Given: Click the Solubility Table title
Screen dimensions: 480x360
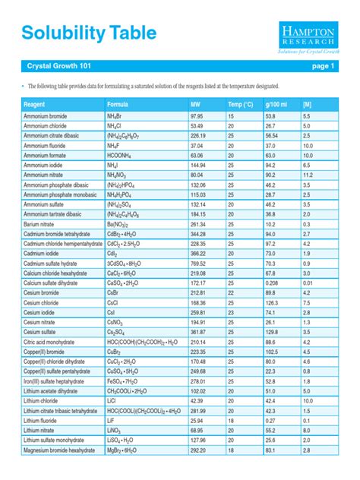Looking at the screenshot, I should (89, 33).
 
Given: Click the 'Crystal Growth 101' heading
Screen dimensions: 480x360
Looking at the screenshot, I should (54, 67).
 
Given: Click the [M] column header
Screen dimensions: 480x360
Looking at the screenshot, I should (307, 103).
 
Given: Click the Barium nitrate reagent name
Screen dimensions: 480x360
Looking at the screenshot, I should (43, 225).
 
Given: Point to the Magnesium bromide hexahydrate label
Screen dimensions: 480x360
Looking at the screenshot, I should (62, 450).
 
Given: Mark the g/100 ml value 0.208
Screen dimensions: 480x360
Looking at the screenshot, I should (273, 283).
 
